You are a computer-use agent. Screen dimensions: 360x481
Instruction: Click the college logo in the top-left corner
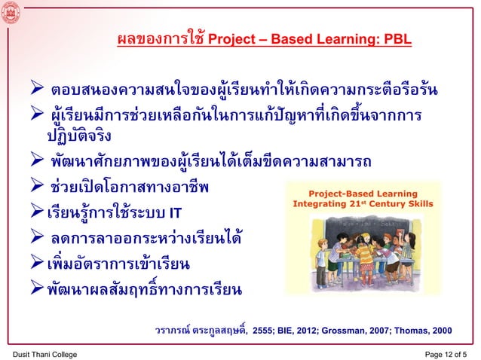tap(11, 12)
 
